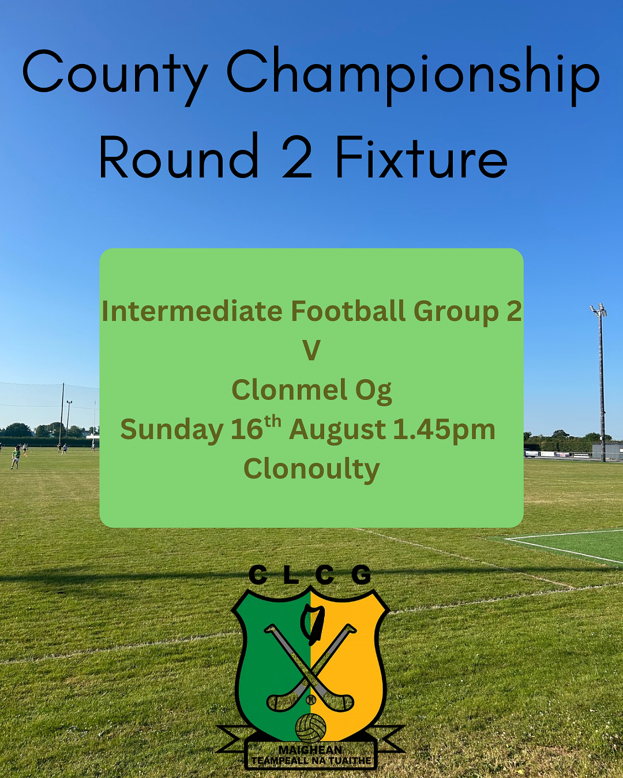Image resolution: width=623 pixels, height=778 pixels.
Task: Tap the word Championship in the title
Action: (x=413, y=76)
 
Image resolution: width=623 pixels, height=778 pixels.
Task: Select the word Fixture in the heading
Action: (x=421, y=156)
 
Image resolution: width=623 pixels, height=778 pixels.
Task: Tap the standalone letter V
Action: (x=311, y=351)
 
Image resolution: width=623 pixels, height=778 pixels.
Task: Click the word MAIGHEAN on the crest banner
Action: (x=310, y=740)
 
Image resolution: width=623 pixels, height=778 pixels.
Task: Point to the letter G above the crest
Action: (x=361, y=576)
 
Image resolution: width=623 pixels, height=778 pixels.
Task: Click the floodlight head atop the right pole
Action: (x=598, y=309)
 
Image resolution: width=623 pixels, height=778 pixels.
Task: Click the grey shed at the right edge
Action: (x=607, y=451)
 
